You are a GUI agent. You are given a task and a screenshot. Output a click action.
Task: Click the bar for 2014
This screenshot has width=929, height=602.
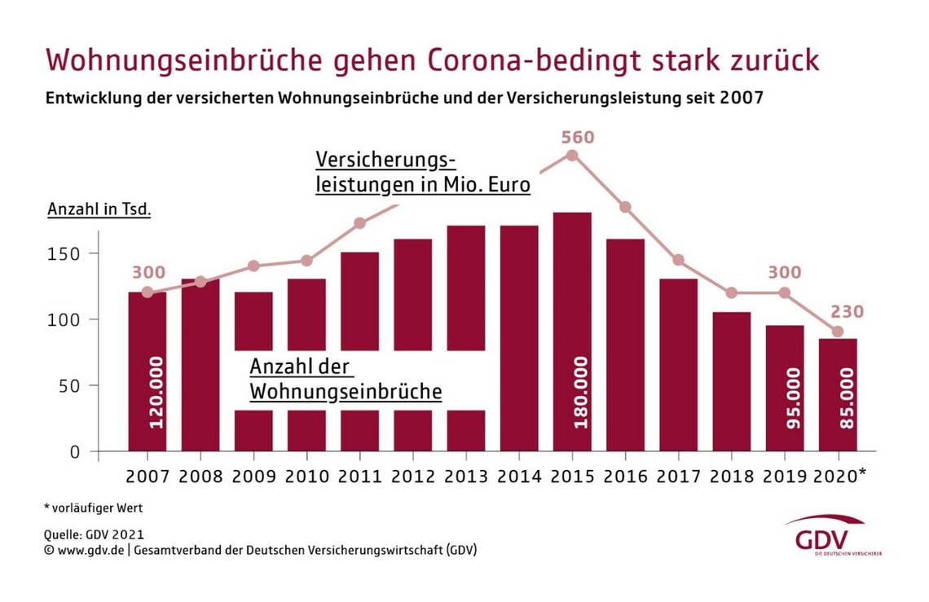519,338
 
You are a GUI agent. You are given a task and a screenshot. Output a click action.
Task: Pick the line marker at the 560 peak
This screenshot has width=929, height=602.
572,156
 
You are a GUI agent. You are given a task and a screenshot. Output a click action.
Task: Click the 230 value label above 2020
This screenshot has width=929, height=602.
847,312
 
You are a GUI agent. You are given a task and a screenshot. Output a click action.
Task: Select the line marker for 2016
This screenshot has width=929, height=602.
625,207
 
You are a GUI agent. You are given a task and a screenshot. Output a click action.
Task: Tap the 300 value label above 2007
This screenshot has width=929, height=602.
147,273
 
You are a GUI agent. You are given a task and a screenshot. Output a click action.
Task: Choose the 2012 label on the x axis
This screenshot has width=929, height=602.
413,477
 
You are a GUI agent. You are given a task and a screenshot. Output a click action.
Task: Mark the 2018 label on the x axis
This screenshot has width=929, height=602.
732,477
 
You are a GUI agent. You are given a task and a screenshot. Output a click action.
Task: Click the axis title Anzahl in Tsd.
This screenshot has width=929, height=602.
99,209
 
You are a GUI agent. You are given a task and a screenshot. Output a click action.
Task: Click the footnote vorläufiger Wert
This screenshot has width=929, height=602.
94,508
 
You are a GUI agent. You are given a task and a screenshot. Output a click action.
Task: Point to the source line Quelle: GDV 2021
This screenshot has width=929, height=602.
94,535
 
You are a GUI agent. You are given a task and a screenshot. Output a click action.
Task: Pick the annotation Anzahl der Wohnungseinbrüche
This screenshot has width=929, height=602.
346,380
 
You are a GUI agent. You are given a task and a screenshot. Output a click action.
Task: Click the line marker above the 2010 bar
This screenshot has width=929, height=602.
307,261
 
